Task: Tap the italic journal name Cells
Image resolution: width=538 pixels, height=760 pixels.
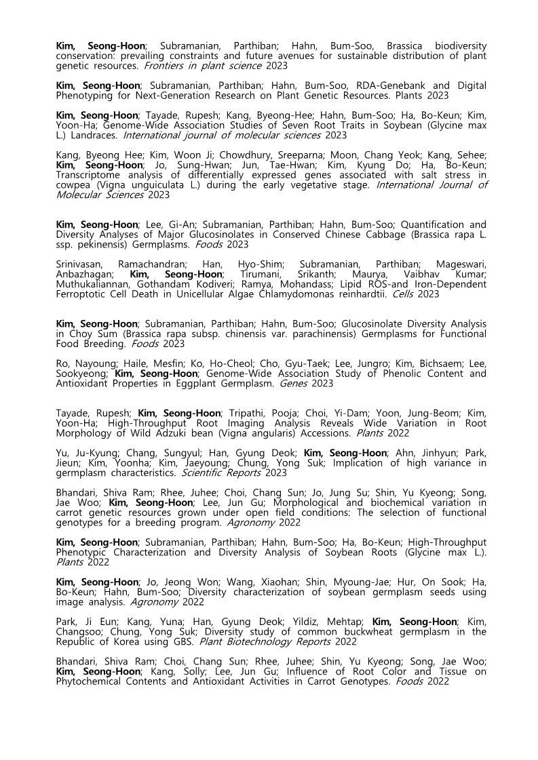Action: point(404,294)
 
